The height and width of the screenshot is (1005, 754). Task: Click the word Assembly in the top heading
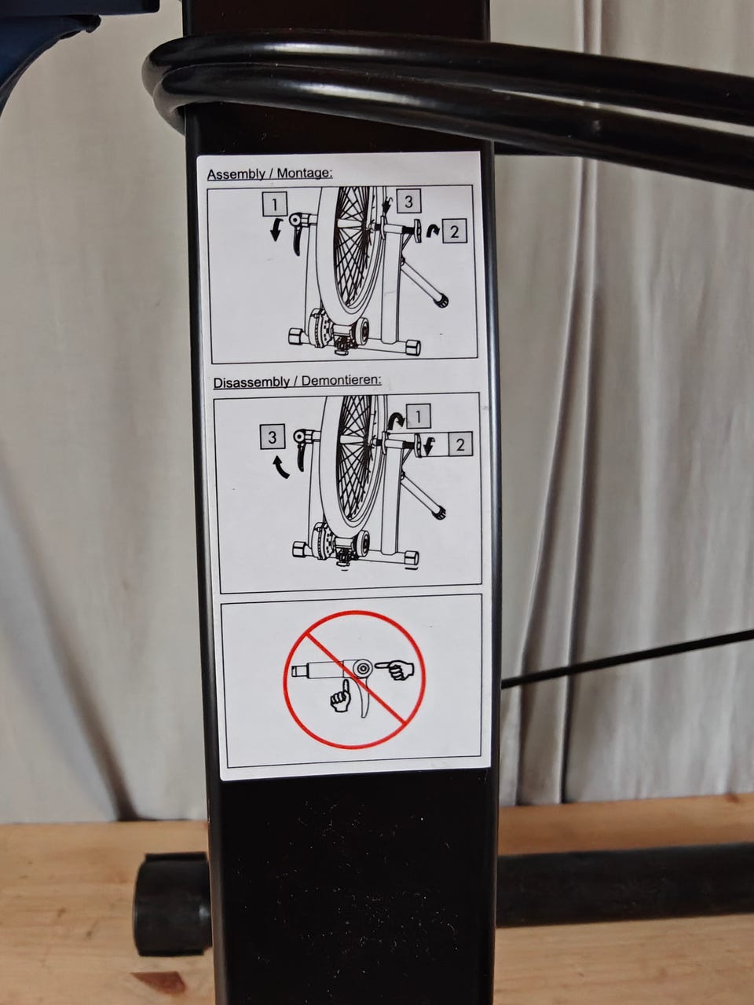[236, 174]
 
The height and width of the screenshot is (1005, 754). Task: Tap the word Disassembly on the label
[251, 382]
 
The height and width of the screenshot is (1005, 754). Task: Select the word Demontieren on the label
[342, 381]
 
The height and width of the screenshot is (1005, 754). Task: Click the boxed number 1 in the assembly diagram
[275, 204]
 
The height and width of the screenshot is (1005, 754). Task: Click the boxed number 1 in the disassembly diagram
[418, 416]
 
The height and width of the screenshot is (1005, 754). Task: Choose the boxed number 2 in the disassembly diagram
[460, 444]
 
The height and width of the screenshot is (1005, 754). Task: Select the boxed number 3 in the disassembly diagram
[272, 437]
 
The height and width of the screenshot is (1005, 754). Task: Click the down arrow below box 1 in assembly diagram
[275, 230]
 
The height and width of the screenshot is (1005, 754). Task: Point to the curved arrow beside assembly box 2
[432, 231]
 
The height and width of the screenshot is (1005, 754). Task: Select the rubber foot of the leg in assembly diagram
[442, 301]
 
